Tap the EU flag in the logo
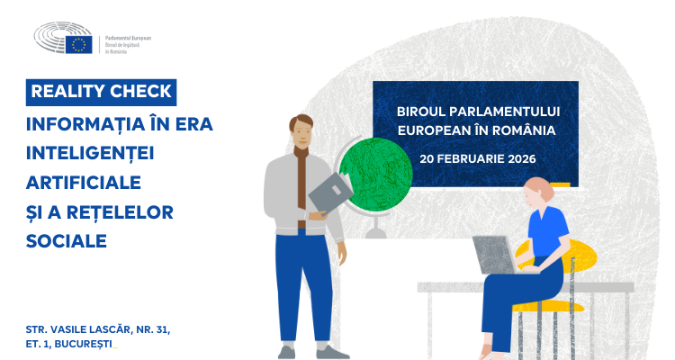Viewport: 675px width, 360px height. (79, 44)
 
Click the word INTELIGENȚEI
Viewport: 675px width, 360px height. (91, 152)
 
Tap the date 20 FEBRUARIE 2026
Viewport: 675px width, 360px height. (477, 158)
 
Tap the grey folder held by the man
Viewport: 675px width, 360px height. (332, 192)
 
